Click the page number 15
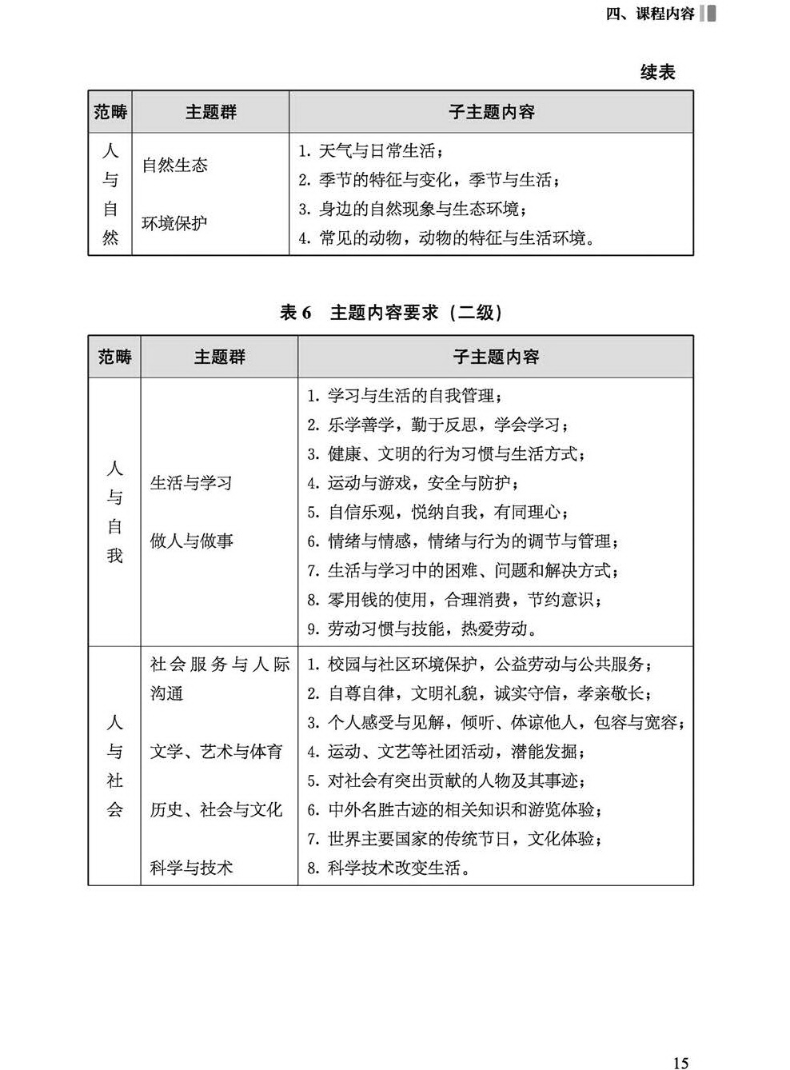(x=680, y=1062)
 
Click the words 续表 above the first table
(x=657, y=72)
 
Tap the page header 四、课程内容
(x=650, y=14)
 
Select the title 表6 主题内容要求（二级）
(x=391, y=312)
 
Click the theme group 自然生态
(x=174, y=165)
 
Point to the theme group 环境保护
(x=174, y=223)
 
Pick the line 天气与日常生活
(x=371, y=150)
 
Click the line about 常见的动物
(x=447, y=238)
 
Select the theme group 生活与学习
(x=191, y=482)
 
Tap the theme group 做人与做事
(x=191, y=541)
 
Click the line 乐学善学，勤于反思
(x=438, y=425)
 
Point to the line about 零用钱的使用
(x=455, y=599)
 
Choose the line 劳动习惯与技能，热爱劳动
(x=422, y=629)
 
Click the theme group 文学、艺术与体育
(x=216, y=751)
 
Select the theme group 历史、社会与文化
(x=216, y=809)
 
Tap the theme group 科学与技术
(x=191, y=868)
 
